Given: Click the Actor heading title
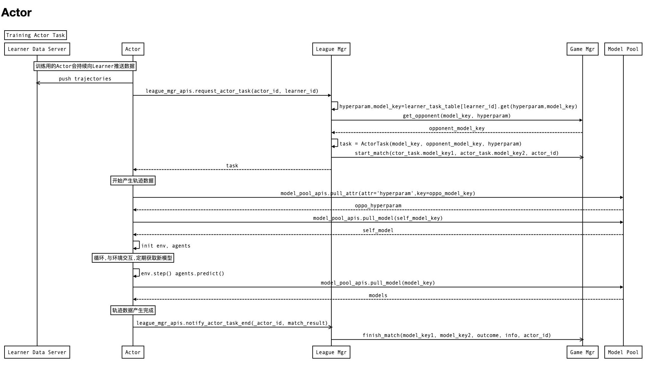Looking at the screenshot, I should (x=16, y=13).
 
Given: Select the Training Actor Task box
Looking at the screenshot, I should (x=35, y=35).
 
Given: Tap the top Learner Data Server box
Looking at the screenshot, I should (x=37, y=49).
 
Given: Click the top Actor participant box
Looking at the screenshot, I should (x=133, y=49).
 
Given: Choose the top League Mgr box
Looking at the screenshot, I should (x=331, y=49).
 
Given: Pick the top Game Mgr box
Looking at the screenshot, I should (x=582, y=49).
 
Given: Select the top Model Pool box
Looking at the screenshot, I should (x=623, y=49).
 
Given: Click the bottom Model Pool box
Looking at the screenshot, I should (x=623, y=352).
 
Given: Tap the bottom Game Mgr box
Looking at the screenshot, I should (x=582, y=352).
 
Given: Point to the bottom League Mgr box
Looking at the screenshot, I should (x=331, y=352).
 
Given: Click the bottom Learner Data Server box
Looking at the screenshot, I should (x=37, y=352).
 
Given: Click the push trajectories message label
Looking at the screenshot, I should (x=85, y=79).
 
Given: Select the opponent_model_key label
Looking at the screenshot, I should (x=457, y=128).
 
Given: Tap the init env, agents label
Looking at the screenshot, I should (x=166, y=246).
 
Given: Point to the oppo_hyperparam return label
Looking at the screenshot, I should (x=378, y=206).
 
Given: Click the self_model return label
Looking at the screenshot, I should (x=378, y=230).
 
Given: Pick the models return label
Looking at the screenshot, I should (x=378, y=296).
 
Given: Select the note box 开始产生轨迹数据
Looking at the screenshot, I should (x=133, y=181).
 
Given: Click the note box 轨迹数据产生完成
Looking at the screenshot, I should (x=133, y=310).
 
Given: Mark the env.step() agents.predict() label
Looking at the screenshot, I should (x=182, y=274).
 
